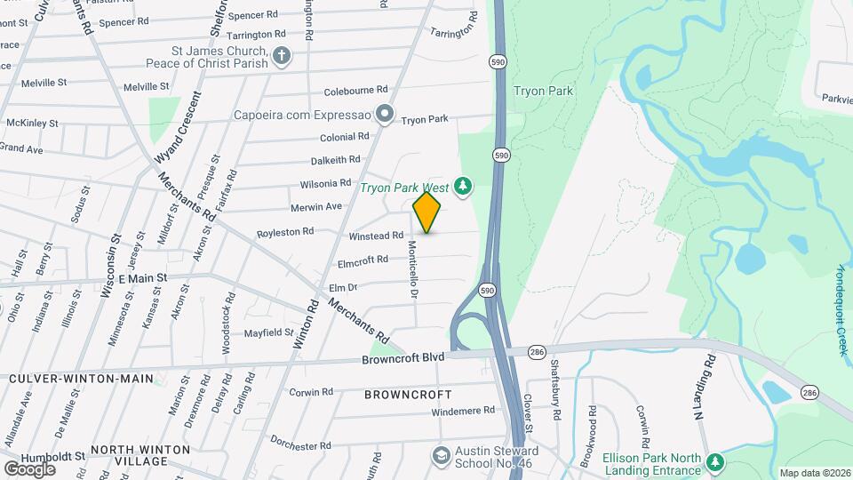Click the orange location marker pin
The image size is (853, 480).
(426, 212)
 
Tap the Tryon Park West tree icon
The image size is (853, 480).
(462, 186)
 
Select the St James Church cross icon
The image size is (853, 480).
(282, 57)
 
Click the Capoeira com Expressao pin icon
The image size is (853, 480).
(385, 113)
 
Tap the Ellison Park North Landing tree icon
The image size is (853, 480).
(715, 462)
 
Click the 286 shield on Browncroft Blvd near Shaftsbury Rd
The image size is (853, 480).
(537, 352)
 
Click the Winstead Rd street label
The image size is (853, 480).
(376, 236)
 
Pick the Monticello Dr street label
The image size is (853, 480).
(413, 268)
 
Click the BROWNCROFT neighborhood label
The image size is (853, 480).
(408, 394)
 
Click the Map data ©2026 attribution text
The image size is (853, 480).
(814, 473)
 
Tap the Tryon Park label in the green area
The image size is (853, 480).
(543, 91)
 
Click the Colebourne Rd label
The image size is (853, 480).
(355, 90)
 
